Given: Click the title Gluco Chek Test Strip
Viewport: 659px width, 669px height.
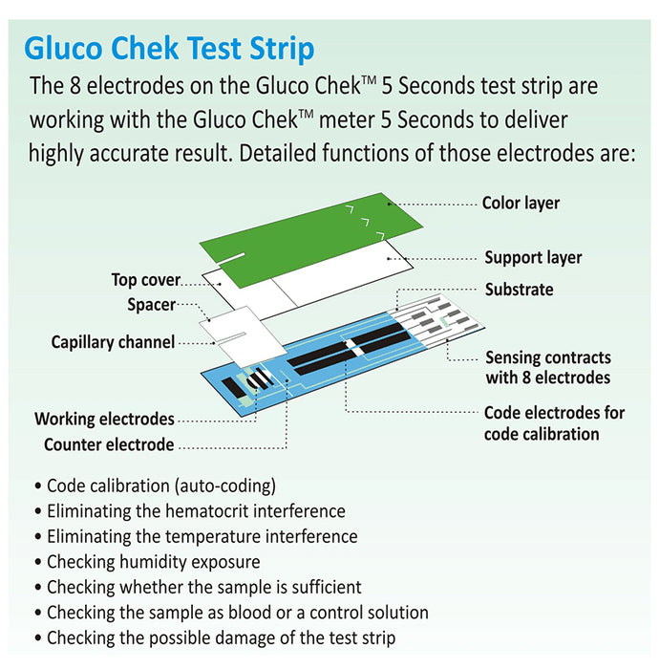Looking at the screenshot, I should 168,48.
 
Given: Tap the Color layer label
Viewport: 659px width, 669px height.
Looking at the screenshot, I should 521,203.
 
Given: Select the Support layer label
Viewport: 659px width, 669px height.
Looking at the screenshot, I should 533,258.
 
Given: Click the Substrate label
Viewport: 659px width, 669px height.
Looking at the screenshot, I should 519,289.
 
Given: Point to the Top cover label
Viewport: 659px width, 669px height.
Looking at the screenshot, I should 146,280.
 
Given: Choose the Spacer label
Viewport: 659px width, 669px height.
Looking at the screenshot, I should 152,305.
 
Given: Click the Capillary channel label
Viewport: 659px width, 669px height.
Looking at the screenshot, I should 113,342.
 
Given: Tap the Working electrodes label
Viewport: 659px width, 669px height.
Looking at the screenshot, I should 104,419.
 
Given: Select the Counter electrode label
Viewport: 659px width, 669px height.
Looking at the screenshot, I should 109,444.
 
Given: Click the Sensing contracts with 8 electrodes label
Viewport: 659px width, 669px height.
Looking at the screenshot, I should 548,368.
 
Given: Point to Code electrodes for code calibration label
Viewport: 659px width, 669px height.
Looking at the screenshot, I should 554,423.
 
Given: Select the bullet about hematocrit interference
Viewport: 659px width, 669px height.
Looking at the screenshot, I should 196,511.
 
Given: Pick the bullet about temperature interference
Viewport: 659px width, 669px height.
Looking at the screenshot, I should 202,536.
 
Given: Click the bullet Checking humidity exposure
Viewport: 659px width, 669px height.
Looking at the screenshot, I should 153,562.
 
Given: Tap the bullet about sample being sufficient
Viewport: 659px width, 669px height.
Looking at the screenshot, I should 203,587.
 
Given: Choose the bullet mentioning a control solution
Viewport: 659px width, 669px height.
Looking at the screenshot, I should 237,613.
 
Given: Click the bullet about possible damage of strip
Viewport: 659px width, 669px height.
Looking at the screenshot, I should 221,637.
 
